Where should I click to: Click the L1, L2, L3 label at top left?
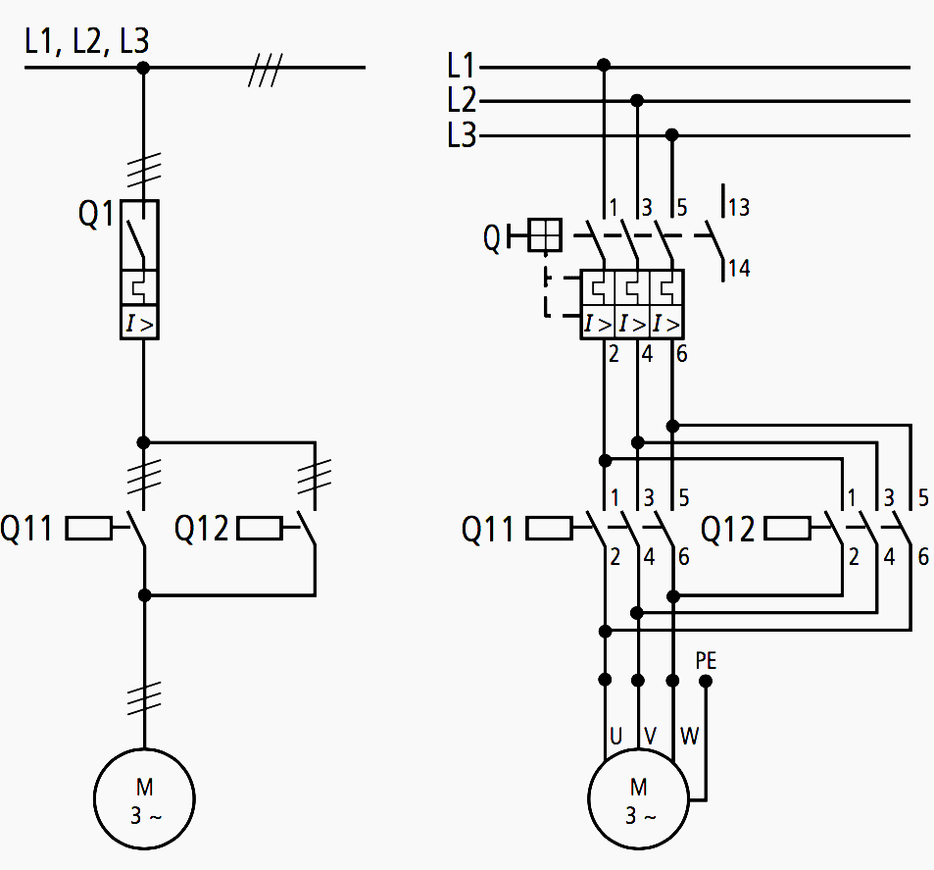(86, 40)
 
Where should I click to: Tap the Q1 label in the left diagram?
(96, 215)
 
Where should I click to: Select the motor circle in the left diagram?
(144, 799)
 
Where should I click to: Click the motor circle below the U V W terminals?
(638, 799)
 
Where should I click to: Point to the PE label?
(706, 660)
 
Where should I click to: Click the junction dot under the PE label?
(706, 680)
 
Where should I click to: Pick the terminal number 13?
(739, 207)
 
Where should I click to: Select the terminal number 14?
(739, 268)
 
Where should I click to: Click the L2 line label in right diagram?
(461, 101)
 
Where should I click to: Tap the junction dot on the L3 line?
(672, 134)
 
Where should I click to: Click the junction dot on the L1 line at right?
(604, 66)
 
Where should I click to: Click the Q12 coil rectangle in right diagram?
(787, 530)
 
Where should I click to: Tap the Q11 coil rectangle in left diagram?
(89, 530)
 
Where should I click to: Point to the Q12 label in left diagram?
(201, 530)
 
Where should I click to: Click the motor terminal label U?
(615, 736)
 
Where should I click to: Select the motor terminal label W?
(690, 736)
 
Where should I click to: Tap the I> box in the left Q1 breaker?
(140, 323)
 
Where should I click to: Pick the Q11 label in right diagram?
(488, 531)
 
